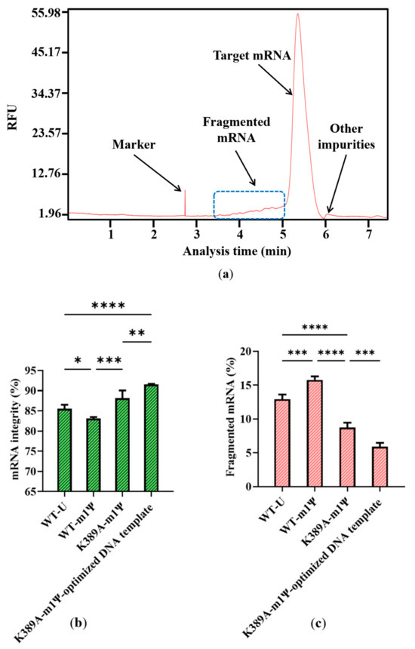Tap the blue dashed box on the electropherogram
pos(249,205)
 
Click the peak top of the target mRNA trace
pos(298,14)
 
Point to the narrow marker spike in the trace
pos(185,201)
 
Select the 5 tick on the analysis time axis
pos(283,233)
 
